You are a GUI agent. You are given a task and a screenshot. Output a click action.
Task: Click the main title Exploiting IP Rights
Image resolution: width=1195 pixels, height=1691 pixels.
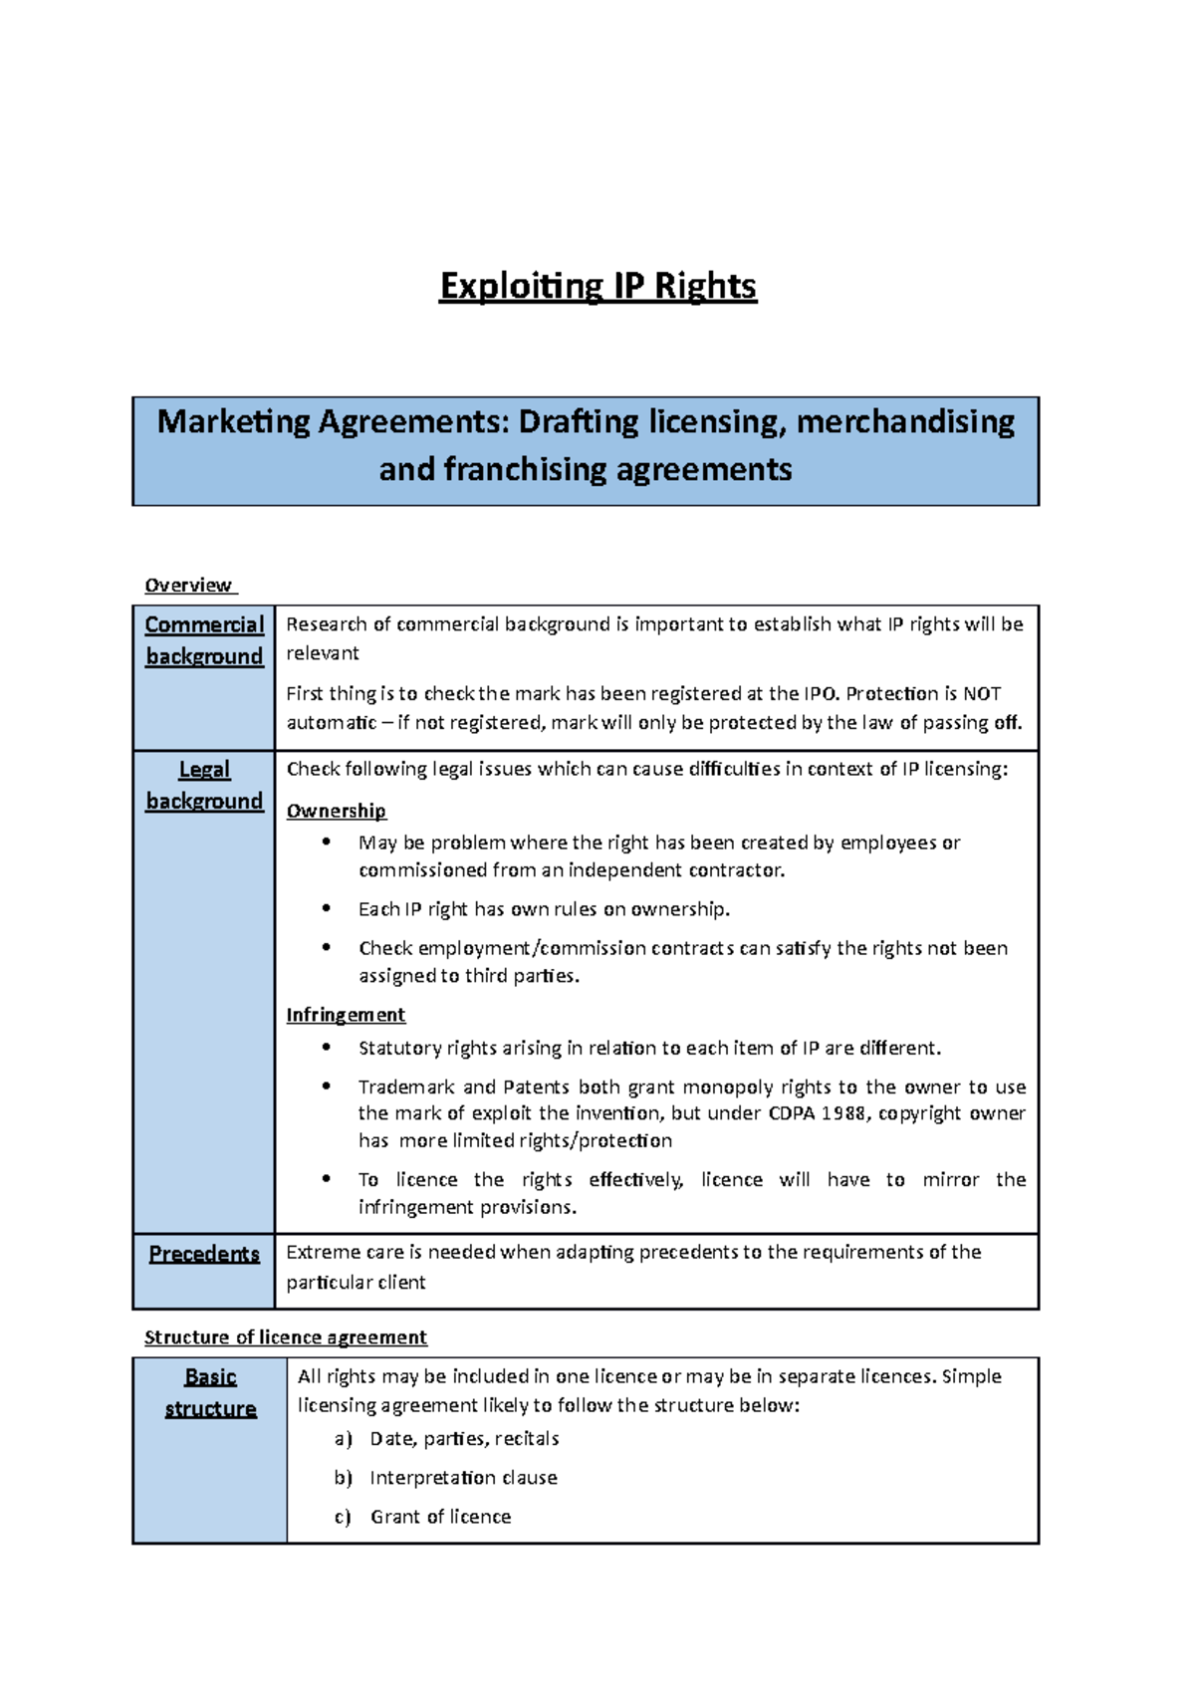[x=597, y=287]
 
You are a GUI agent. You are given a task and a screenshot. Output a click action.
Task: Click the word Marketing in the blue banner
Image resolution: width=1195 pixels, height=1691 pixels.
[x=234, y=422]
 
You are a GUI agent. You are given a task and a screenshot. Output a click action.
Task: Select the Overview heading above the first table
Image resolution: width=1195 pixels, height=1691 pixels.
[x=188, y=586]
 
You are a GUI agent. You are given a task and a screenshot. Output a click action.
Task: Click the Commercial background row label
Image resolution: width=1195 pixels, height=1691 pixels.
[x=204, y=640]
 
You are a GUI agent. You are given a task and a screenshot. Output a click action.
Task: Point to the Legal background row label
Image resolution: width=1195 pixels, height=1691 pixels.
[x=204, y=786]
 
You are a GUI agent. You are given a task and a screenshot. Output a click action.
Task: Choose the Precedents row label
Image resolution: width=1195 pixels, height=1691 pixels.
[x=204, y=1254]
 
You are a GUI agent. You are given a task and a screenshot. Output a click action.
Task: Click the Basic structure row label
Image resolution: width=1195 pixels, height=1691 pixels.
[x=210, y=1393]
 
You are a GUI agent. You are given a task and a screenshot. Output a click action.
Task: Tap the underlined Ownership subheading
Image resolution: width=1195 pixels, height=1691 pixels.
[x=336, y=812]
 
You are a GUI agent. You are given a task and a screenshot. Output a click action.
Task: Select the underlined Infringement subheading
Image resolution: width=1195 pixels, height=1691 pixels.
[x=346, y=1015]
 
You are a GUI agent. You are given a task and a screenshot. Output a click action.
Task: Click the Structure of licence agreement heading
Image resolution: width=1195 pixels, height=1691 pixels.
[x=286, y=1337]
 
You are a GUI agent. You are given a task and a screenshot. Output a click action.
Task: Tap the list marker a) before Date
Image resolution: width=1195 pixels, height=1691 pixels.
[x=344, y=1439]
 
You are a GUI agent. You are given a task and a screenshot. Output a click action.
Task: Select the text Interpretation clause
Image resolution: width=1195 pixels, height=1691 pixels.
[x=463, y=1478]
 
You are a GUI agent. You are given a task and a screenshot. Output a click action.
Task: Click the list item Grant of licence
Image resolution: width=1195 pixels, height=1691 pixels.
[x=440, y=1517]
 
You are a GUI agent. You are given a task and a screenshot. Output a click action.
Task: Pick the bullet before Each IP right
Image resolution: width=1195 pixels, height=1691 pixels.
[x=326, y=908]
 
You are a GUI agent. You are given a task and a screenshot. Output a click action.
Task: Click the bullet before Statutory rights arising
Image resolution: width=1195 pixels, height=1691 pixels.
[x=326, y=1047]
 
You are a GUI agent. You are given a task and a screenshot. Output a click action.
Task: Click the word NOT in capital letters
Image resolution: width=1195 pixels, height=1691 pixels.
[x=981, y=694]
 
